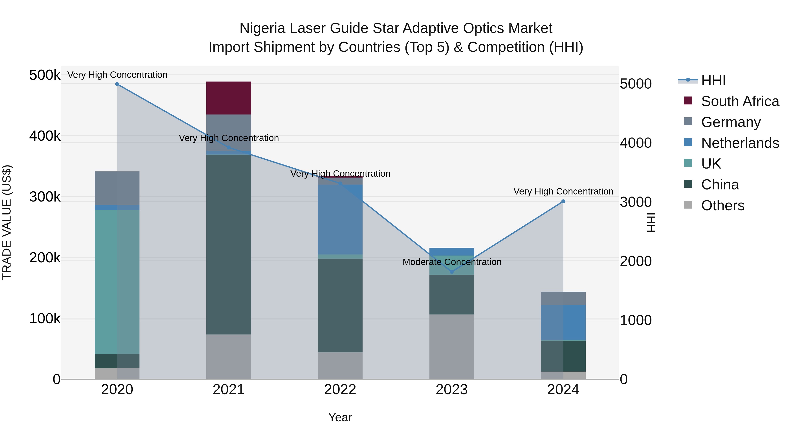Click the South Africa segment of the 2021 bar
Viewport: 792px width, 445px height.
pyautogui.click(x=228, y=98)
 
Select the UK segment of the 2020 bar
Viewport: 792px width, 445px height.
pyautogui.click(x=117, y=282)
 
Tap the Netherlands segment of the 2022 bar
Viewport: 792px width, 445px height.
pyautogui.click(x=340, y=219)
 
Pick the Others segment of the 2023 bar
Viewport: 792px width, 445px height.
pyautogui.click(x=451, y=346)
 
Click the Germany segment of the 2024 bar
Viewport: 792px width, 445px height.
pyautogui.click(x=563, y=298)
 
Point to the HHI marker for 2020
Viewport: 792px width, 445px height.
pyautogui.click(x=117, y=84)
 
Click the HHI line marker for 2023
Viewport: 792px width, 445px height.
pyautogui.click(x=452, y=272)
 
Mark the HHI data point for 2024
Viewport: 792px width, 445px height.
pyautogui.click(x=563, y=202)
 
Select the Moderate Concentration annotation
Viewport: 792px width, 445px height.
pyautogui.click(x=452, y=262)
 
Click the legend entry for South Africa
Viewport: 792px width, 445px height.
pyautogui.click(x=740, y=101)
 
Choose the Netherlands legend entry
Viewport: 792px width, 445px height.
pyautogui.click(x=740, y=143)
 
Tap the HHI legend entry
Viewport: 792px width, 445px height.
pyautogui.click(x=713, y=80)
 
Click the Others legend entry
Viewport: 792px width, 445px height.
pyautogui.click(x=722, y=205)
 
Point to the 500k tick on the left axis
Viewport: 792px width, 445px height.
pyautogui.click(x=45, y=75)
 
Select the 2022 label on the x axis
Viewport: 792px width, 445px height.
pyautogui.click(x=340, y=390)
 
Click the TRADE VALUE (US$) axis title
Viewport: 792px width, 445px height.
pyautogui.click(x=7, y=222)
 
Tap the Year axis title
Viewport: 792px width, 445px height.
pyautogui.click(x=340, y=417)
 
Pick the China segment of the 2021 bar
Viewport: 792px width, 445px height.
pyautogui.click(x=228, y=244)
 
